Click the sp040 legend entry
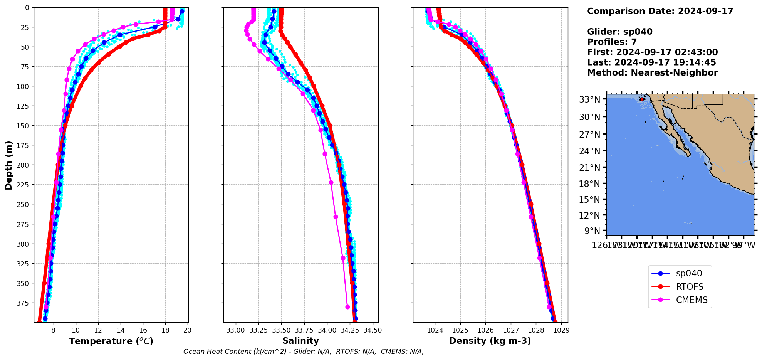(688, 274)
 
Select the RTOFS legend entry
(689, 287)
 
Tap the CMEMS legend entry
(692, 300)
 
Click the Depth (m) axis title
(8, 165)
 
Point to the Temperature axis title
(111, 341)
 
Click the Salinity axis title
(300, 341)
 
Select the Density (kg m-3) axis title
(490, 341)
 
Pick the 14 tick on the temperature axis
(121, 330)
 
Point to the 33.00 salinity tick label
(235, 330)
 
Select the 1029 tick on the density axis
(561, 330)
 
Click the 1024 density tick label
(435, 330)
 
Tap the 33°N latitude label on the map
(590, 100)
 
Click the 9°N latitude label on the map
(592, 231)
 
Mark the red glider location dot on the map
(642, 99)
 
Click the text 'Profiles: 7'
(612, 42)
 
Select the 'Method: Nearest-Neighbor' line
(652, 73)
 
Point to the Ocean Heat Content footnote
(304, 352)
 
